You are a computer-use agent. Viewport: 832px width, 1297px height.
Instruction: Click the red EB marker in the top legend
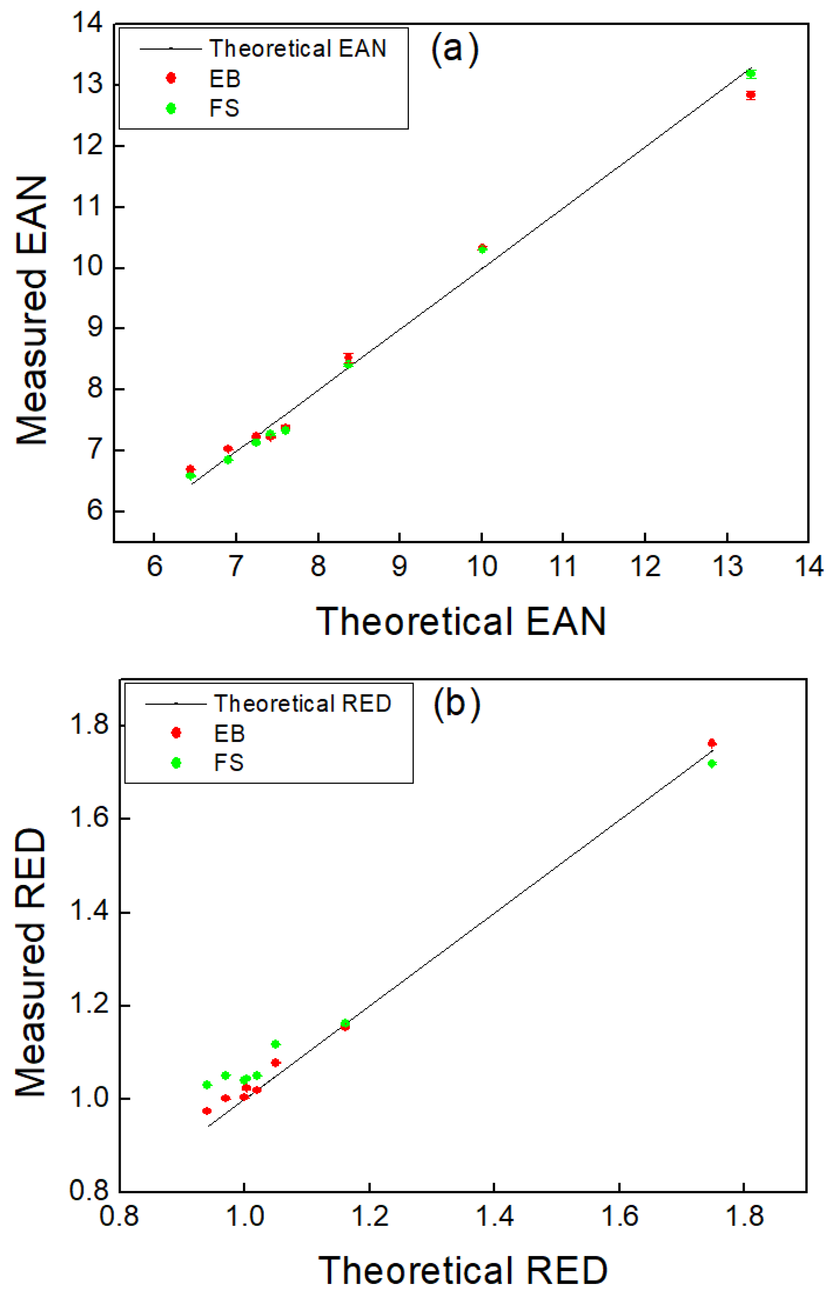coord(171,78)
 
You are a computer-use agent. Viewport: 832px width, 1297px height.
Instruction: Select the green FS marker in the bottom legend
coord(176,763)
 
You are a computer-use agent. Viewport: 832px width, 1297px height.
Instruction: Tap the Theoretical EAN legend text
coord(298,49)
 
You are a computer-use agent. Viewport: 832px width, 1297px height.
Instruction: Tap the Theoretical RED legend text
coord(303,703)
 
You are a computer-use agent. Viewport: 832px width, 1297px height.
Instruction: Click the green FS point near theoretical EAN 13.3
coord(751,74)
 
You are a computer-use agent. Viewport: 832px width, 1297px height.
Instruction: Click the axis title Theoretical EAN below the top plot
coord(461,621)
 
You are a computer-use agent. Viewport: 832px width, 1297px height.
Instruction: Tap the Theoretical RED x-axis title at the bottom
coord(463,1270)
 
